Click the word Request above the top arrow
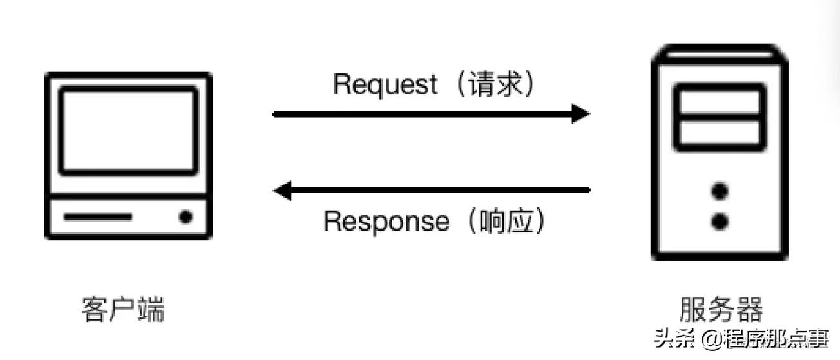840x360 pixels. point(385,84)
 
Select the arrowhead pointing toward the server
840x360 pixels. point(580,115)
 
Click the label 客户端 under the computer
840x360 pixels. point(123,309)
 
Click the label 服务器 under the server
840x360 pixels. point(721,309)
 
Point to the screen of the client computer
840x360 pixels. point(128,131)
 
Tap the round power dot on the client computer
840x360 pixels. point(186,217)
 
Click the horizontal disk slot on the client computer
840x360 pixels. point(98,217)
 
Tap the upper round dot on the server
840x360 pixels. point(720,191)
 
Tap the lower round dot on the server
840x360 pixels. point(720,222)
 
